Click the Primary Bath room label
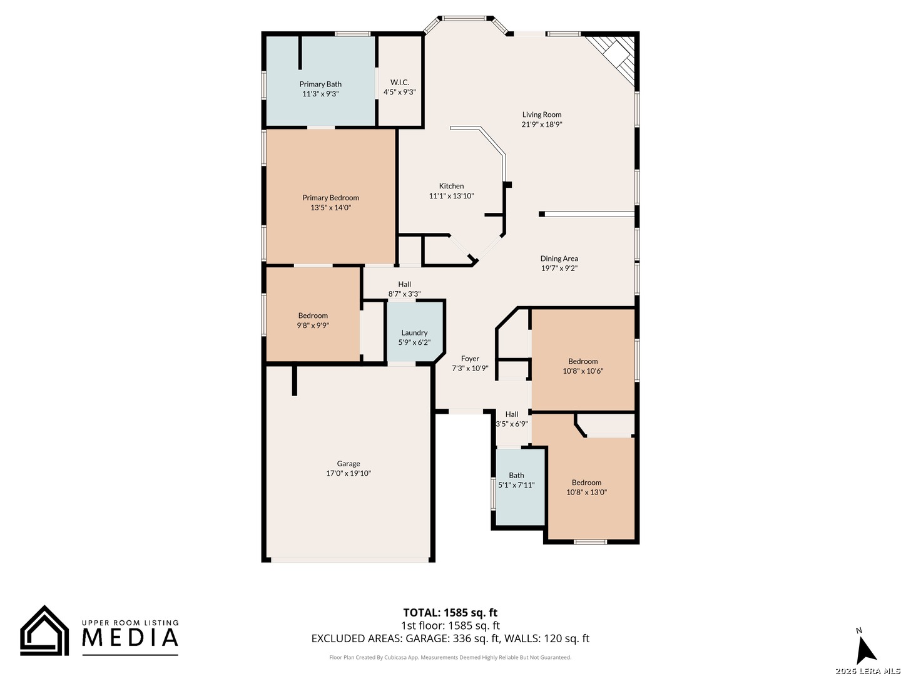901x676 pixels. tap(320, 84)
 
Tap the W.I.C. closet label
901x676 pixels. tap(399, 83)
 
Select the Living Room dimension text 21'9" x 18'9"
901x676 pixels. tap(541, 125)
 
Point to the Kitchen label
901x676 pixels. tap(451, 186)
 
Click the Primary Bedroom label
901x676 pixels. tap(330, 198)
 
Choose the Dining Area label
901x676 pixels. tap(559, 259)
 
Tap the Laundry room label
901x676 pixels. tap(414, 333)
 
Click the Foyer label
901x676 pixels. tap(470, 359)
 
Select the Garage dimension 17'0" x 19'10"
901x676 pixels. tap(348, 473)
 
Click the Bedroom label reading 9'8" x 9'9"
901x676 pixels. tap(313, 320)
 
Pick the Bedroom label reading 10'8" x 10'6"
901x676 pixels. tap(583, 366)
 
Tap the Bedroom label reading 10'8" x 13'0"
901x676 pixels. tap(586, 487)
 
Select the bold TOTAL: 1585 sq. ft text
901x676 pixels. tap(450, 613)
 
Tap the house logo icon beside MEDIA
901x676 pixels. tap(44, 630)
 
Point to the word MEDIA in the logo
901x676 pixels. tap(130, 637)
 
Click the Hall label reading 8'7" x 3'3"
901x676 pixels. tap(404, 289)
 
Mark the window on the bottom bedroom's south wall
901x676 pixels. tap(590, 542)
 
